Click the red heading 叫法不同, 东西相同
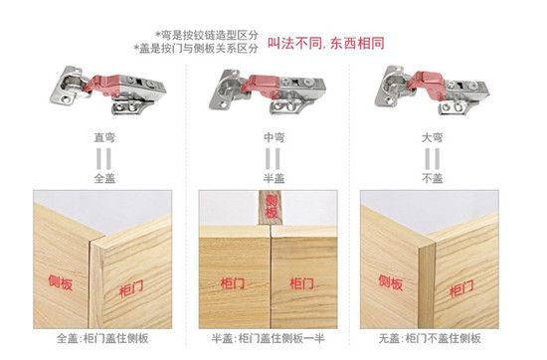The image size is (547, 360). click(x=326, y=43)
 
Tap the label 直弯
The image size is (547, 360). click(x=104, y=137)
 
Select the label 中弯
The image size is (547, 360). click(x=273, y=137)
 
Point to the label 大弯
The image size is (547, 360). click(x=432, y=137)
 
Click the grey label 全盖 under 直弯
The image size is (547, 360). click(x=104, y=178)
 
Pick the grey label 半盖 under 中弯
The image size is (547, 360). click(x=273, y=178)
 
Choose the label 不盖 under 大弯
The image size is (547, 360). click(x=432, y=178)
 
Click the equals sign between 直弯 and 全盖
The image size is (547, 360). click(x=104, y=159)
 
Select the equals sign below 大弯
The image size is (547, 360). click(x=432, y=159)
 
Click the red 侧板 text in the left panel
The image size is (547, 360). click(x=61, y=282)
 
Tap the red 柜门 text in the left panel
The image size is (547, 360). click(x=131, y=288)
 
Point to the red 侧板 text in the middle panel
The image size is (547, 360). click(x=272, y=207)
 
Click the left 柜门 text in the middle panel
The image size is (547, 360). click(x=233, y=283)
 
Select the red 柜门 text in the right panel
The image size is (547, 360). click(x=461, y=288)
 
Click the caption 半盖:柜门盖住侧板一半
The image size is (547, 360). click(x=268, y=338)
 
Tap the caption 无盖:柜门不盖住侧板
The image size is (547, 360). click(x=430, y=338)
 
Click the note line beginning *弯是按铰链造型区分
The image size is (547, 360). click(x=207, y=35)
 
